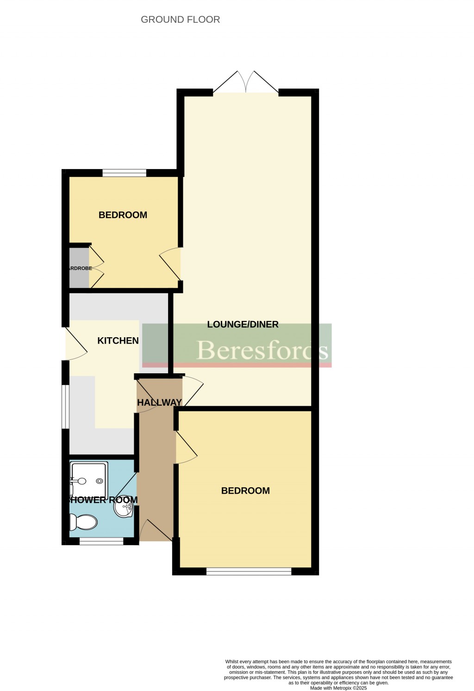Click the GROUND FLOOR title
point(180,19)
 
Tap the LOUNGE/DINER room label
point(243,324)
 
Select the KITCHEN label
point(118,340)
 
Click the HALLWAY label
point(159,402)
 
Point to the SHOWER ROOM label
point(103,500)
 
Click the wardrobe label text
point(80,268)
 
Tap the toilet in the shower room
point(83,522)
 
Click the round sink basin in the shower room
point(124,508)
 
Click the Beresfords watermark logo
point(262,350)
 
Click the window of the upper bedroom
point(124,173)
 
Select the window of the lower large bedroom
point(249,572)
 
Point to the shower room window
point(101,540)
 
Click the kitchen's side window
point(66,407)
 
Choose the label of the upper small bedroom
point(123,215)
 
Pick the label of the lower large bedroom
point(245,491)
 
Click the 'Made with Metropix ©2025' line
point(338,688)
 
